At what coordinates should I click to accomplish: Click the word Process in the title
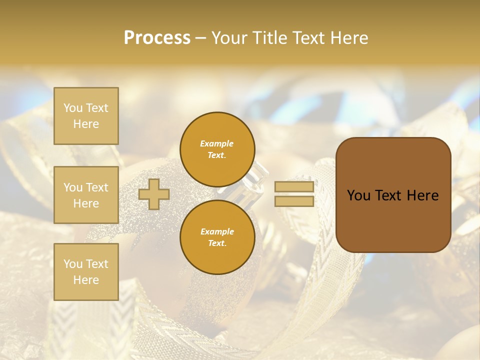coord(157,38)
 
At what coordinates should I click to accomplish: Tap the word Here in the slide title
coord(348,38)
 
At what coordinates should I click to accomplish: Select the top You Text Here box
coord(86,116)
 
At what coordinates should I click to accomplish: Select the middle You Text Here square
coord(86,195)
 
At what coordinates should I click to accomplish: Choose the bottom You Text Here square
coord(86,272)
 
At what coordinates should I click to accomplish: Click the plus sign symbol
coord(154,194)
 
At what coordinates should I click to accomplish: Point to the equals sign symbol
coord(294,194)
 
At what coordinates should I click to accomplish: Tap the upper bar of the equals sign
coord(294,187)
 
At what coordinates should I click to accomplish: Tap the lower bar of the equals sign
coord(294,201)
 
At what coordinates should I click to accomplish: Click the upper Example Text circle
coord(217,149)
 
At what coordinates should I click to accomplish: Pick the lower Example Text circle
coord(217,237)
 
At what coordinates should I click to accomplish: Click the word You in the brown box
coord(358,195)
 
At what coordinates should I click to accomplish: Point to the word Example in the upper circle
coord(217,143)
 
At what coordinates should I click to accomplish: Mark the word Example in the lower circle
coord(217,231)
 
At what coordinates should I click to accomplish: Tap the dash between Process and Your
coord(200,38)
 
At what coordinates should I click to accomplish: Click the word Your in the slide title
coord(230,38)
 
